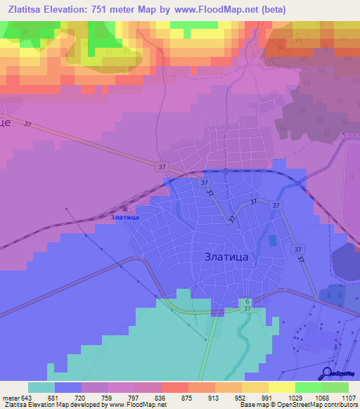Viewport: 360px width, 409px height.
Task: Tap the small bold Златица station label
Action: (x=125, y=217)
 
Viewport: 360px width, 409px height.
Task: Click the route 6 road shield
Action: (x=247, y=301)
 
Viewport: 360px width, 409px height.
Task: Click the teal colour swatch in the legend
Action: (x=41, y=387)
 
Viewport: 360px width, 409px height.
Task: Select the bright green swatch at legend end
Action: (x=335, y=387)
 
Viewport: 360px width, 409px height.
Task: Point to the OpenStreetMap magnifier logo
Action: (x=328, y=373)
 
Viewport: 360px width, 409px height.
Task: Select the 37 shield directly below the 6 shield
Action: (x=247, y=309)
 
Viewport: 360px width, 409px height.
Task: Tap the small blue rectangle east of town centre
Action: (x=272, y=240)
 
